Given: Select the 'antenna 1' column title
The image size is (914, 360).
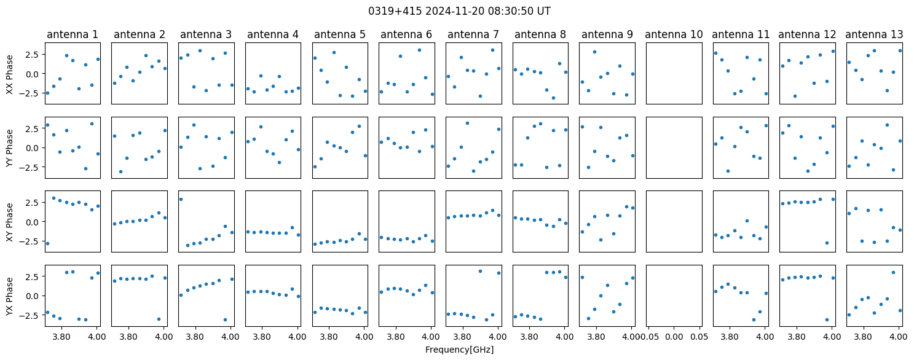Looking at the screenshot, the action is pyautogui.click(x=73, y=35).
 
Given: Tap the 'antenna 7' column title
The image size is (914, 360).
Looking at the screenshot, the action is pyautogui.click(x=473, y=35).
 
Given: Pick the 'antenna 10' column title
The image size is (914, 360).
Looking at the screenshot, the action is pyautogui.click(x=674, y=35).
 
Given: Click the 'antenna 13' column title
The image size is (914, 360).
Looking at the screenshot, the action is pyautogui.click(x=875, y=35).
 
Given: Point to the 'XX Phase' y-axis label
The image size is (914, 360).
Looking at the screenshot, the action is pyautogui.click(x=10, y=74).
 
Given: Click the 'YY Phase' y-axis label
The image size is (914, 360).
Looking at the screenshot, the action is pyautogui.click(x=10, y=149).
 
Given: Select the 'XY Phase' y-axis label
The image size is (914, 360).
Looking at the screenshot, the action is pyautogui.click(x=10, y=222).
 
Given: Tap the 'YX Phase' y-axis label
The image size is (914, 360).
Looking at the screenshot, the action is pyautogui.click(x=10, y=296).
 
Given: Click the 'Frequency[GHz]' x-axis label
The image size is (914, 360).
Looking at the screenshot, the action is pyautogui.click(x=459, y=350).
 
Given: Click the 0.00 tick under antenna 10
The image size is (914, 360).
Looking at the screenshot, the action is pyautogui.click(x=674, y=337).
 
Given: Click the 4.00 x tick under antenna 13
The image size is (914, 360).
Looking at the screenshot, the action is pyautogui.click(x=898, y=337).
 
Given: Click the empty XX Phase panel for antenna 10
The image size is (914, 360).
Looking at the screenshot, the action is pyautogui.click(x=674, y=73).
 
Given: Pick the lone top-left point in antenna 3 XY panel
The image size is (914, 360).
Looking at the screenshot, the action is pyautogui.click(x=181, y=200).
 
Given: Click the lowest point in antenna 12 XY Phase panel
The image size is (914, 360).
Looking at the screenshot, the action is pyautogui.click(x=827, y=243).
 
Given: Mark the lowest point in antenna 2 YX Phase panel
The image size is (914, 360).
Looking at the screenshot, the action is pyautogui.click(x=159, y=319).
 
